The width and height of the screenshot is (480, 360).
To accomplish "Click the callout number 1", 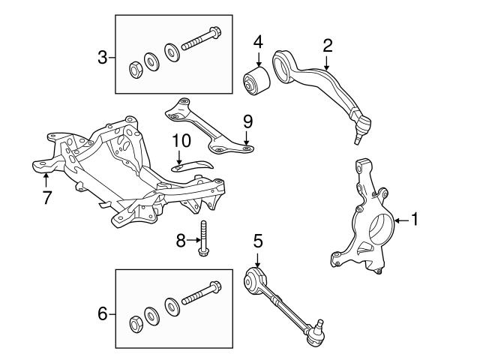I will point(416,220).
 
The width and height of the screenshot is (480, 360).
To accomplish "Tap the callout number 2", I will point(327,46).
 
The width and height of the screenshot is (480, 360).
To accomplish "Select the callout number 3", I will point(103,56).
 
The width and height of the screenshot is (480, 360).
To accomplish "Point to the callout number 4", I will point(257,41).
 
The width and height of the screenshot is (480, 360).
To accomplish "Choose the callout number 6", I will point(103,313).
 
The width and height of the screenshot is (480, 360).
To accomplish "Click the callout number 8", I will point(179,241).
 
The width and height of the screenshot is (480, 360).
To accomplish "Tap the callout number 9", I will point(247,121).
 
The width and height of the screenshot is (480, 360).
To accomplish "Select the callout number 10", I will point(181,140).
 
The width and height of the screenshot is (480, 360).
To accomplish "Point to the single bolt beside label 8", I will point(203,240).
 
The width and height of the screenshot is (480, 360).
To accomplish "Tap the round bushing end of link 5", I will point(255,282).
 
